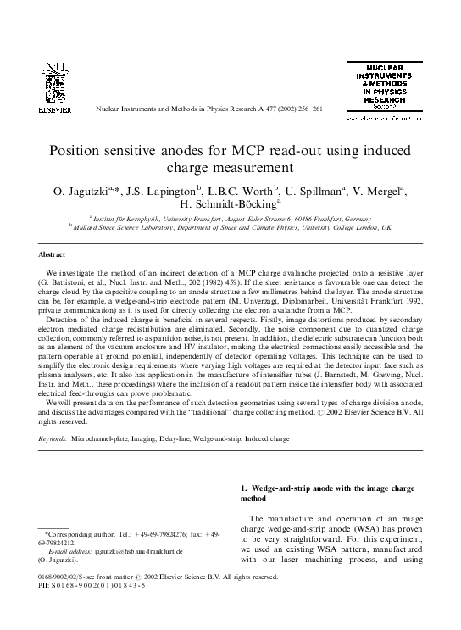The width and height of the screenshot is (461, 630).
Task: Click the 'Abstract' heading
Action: coord(53,254)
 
